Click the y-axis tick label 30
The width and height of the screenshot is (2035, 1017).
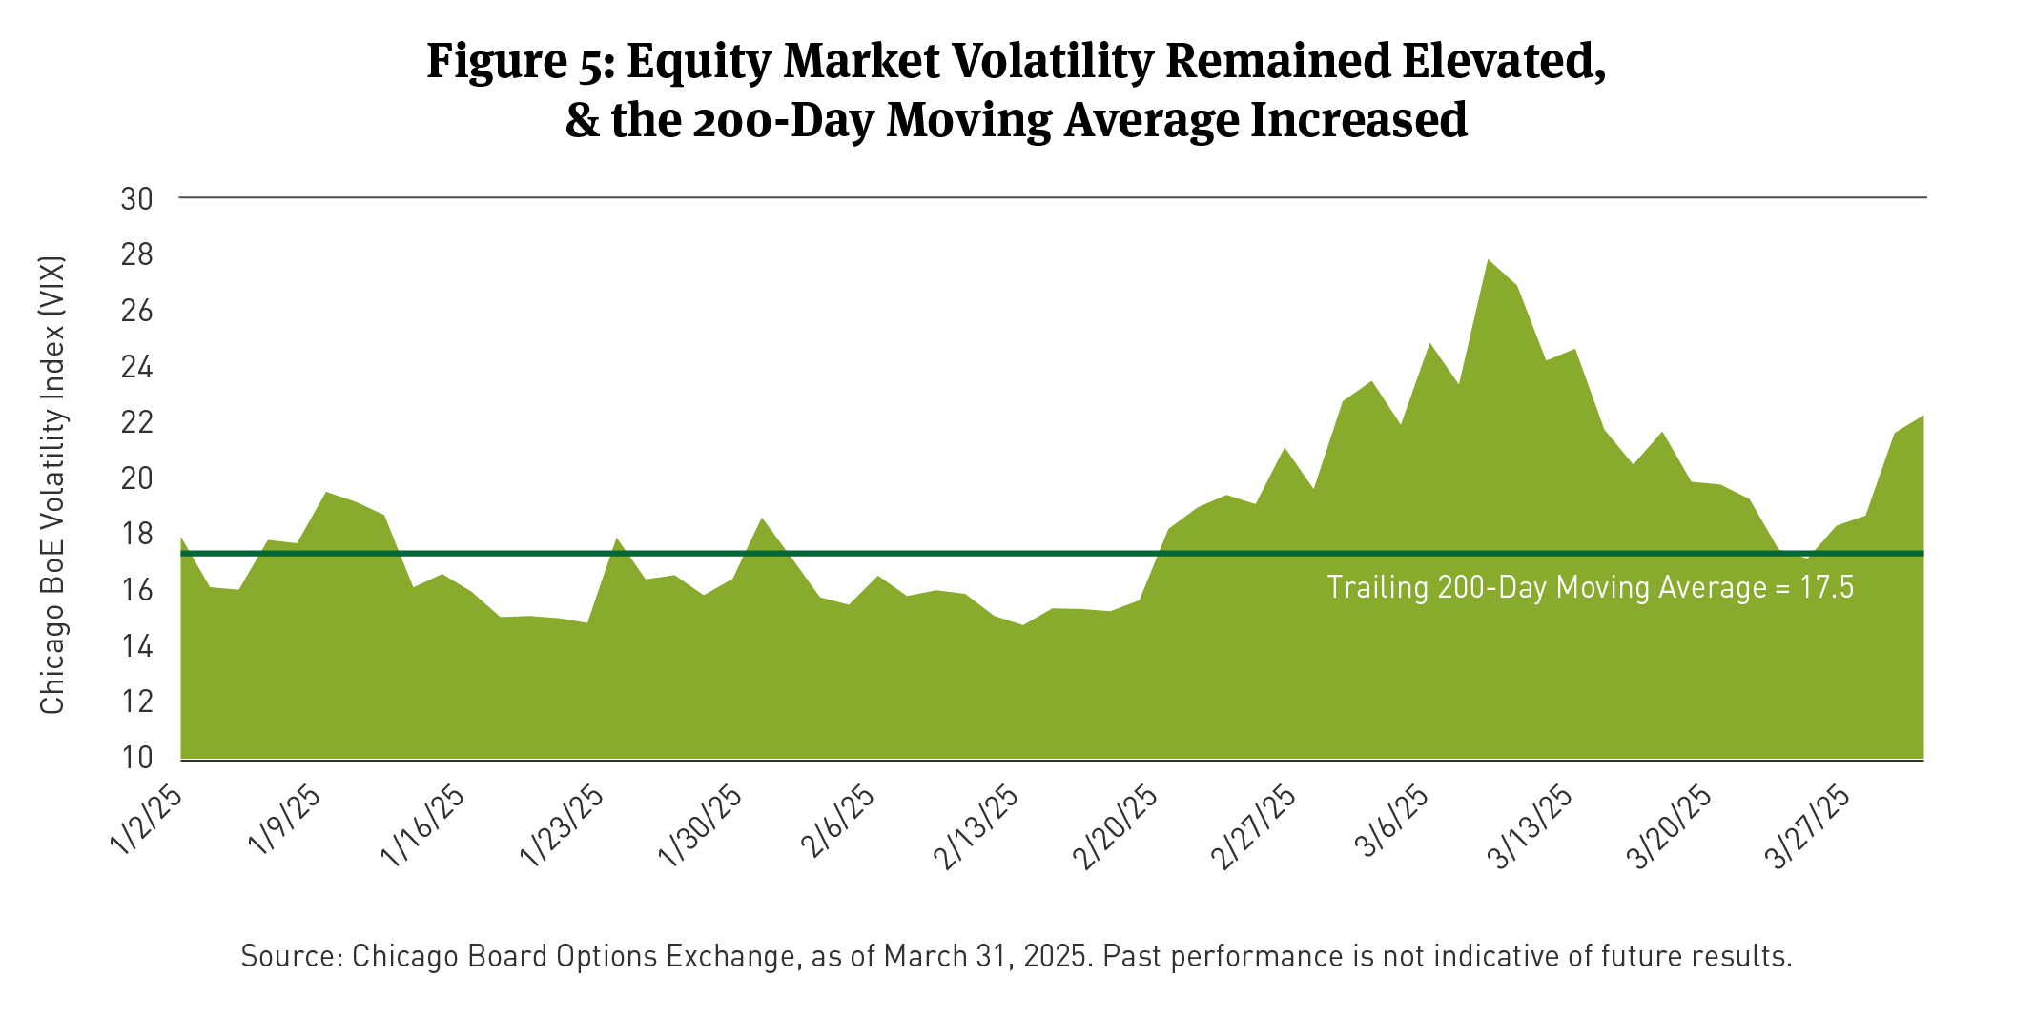[136, 199]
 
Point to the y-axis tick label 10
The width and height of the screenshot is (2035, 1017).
[136, 758]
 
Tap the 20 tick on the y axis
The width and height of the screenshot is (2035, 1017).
[136, 478]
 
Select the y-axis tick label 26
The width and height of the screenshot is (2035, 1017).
[136, 311]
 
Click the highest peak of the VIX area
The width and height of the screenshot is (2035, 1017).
[1488, 260]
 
